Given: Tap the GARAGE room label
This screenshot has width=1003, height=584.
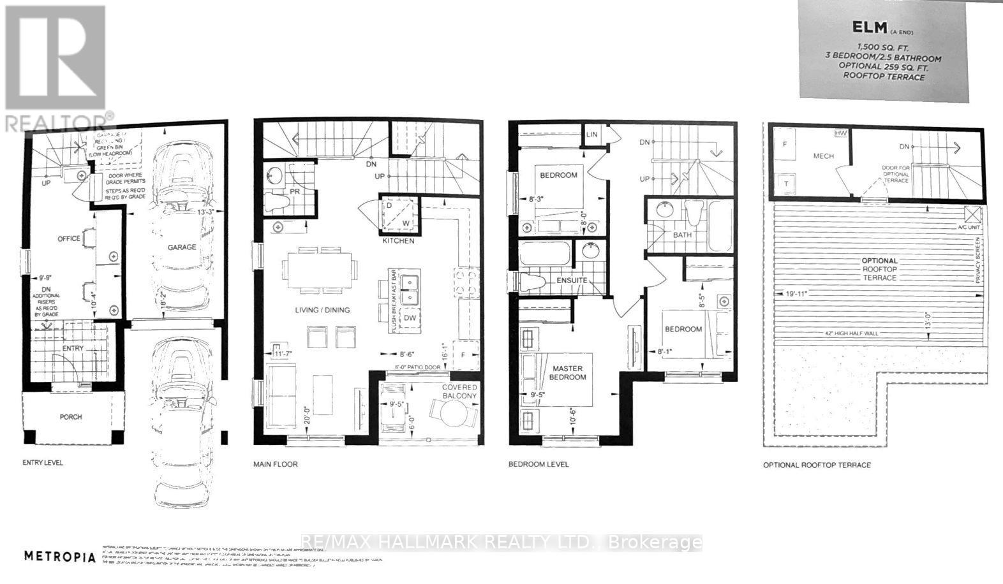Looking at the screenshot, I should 182,247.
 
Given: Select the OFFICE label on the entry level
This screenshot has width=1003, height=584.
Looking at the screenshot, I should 68,238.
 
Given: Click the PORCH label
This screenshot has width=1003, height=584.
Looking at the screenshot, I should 71,417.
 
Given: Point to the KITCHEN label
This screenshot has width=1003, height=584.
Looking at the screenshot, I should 398,241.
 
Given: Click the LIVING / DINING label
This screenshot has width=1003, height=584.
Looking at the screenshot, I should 322,310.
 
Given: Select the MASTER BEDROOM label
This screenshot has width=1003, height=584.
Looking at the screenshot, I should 568,373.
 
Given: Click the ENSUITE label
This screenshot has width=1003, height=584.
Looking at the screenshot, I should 570,281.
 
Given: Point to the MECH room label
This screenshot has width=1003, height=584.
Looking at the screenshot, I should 823,156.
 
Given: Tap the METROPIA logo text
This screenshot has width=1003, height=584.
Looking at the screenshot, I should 60,556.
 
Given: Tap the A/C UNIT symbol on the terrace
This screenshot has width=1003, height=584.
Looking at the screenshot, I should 972,214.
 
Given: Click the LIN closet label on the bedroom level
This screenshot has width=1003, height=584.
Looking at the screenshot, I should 591,135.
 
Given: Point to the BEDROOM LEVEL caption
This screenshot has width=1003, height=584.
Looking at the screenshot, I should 538,464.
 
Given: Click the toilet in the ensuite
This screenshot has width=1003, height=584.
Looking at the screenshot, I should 528,281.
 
